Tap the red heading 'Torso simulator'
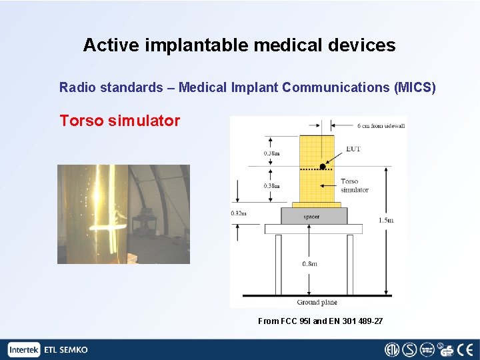[x=119, y=121]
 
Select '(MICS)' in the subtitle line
[x=415, y=87]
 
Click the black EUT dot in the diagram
[x=322, y=166]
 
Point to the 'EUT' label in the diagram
[x=353, y=149]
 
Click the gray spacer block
[x=313, y=216]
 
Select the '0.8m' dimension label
[x=309, y=263]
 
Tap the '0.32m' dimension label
[x=239, y=213]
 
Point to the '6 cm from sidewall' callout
[x=372, y=126]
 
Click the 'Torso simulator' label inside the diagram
[x=353, y=185]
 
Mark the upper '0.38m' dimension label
[x=271, y=153]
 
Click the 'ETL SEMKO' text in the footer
[x=65, y=349]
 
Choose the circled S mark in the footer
[x=410, y=349]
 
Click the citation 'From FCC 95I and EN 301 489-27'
[x=320, y=321]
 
